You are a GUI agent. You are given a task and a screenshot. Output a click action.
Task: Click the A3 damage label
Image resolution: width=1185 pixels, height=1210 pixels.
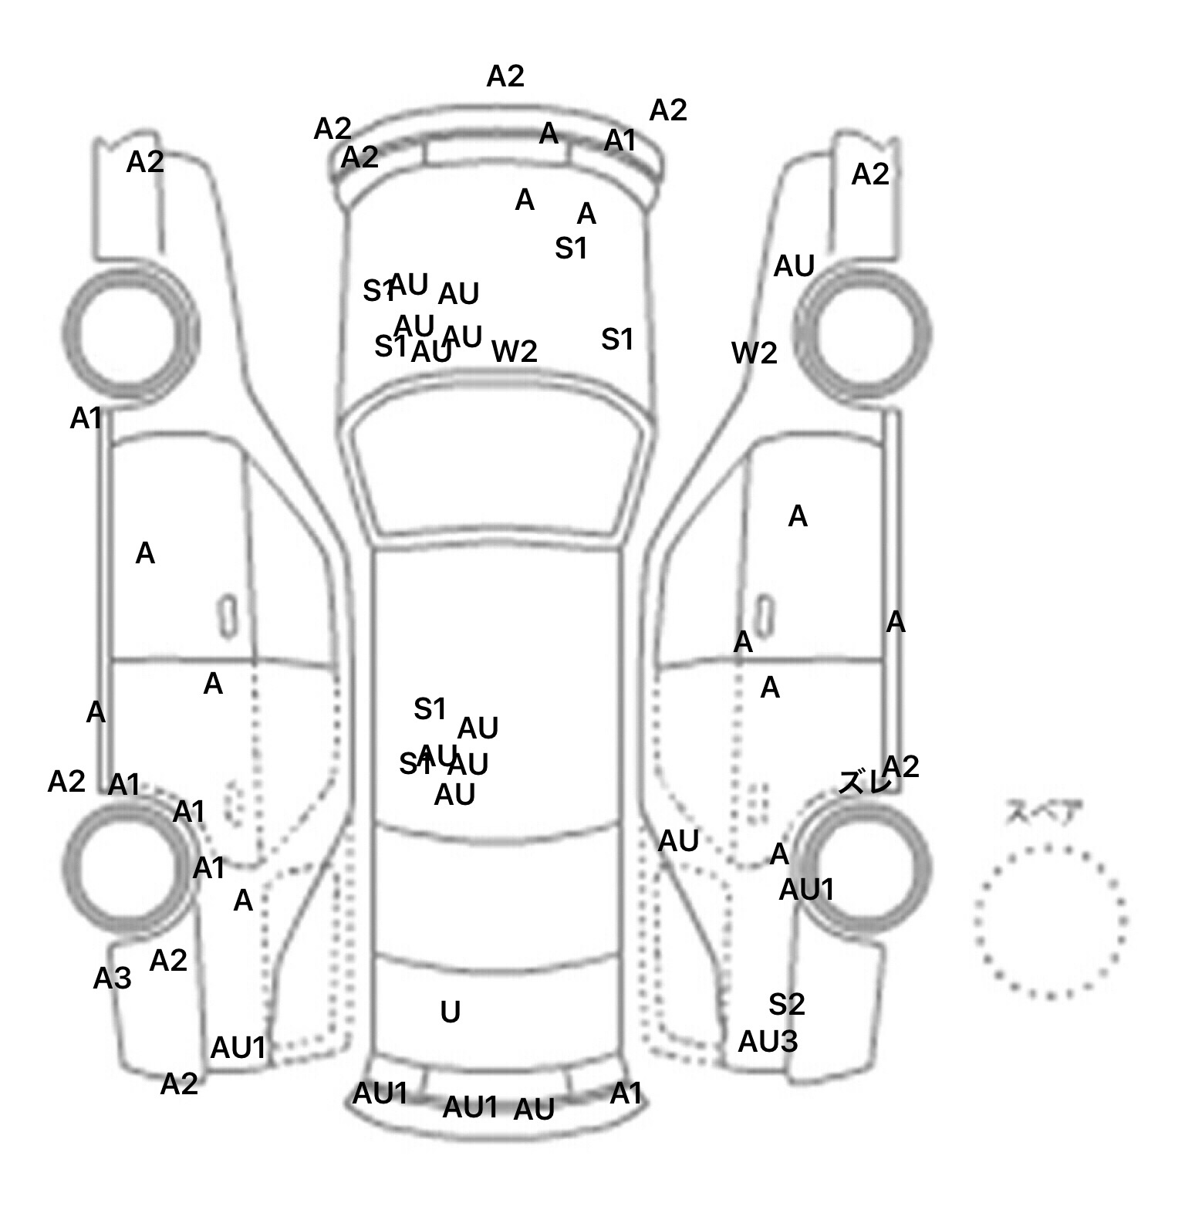[x=113, y=978]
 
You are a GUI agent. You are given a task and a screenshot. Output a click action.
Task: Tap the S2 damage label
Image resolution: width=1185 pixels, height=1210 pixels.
[x=786, y=1004]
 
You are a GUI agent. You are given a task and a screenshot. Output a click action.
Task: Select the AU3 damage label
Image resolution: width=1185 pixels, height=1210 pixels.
[x=768, y=1042]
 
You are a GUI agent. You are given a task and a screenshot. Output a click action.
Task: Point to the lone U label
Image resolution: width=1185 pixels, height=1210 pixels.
[x=450, y=1012]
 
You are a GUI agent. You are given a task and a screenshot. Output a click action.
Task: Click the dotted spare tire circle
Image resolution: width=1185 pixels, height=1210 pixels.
[x=1050, y=920]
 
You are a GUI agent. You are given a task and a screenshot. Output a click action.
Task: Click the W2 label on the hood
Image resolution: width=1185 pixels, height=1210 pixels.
[x=515, y=351]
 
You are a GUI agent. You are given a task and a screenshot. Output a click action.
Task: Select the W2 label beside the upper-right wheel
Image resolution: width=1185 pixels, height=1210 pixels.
[x=754, y=353]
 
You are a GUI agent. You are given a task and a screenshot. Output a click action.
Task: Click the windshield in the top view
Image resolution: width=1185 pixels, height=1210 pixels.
[x=498, y=467]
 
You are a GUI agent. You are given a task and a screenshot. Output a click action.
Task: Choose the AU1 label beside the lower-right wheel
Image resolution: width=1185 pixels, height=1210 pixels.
[x=806, y=890]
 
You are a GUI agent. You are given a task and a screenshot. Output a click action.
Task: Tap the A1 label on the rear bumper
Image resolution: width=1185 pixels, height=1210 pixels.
[x=626, y=1093]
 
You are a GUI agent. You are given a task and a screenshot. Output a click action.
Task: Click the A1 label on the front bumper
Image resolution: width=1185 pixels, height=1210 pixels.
[x=620, y=141]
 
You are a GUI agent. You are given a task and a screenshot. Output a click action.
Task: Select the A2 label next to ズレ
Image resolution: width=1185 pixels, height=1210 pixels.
[x=900, y=766]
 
